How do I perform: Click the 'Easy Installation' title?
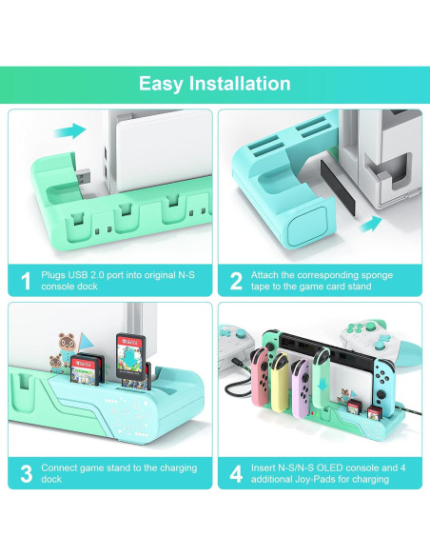coord(215,84)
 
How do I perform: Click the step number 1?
coord(27,281)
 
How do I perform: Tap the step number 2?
coord(236,281)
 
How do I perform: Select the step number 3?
coord(27,472)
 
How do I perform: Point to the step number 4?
coord(236,472)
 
